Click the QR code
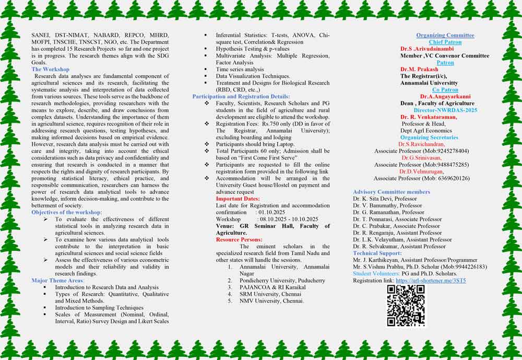coord(406,306)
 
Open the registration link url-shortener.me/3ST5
coord(431,281)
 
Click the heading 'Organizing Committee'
coord(445,36)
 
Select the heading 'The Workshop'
coord(50,69)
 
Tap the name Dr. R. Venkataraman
coord(429,117)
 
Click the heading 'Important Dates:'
coord(238,199)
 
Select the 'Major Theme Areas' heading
coord(57,281)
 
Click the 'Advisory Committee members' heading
coord(391,192)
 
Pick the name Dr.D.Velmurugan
coord(421,171)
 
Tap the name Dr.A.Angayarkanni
coord(445,97)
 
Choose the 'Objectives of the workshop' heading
coord(67,212)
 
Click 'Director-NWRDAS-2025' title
coord(445,110)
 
